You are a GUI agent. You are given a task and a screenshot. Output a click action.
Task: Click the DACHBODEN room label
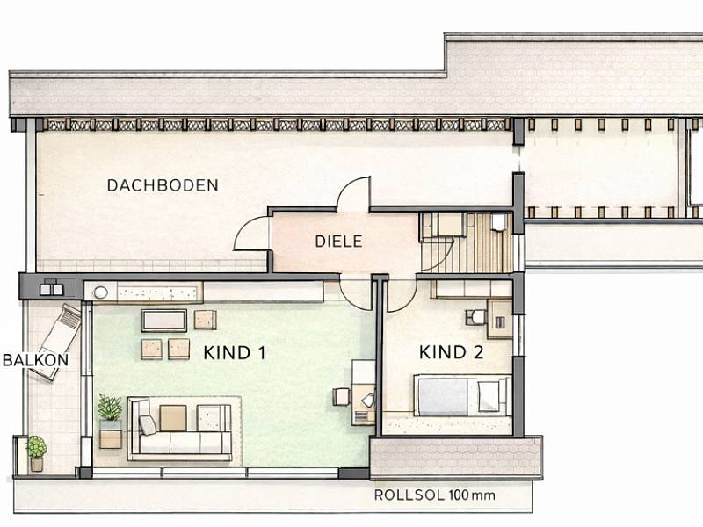pyautogui.click(x=163, y=185)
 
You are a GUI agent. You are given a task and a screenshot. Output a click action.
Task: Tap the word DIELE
pyautogui.click(x=338, y=242)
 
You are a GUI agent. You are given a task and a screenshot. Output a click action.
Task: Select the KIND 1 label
pyautogui.click(x=234, y=353)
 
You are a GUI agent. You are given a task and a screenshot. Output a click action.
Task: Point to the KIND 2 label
pyautogui.click(x=451, y=352)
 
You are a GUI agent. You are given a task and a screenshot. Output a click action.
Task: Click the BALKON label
pyautogui.click(x=35, y=360)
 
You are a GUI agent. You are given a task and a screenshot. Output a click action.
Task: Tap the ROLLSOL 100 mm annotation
pyautogui.click(x=434, y=495)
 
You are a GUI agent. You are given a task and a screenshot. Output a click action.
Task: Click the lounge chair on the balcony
pyautogui.click(x=56, y=342)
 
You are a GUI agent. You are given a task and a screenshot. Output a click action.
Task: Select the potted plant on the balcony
pyautogui.click(x=37, y=452)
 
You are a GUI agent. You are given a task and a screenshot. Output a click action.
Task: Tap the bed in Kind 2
pyautogui.click(x=462, y=395)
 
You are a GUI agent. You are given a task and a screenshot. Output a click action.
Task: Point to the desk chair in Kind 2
pyautogui.click(x=475, y=317)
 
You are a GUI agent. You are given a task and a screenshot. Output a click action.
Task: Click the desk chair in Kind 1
pyautogui.click(x=341, y=397)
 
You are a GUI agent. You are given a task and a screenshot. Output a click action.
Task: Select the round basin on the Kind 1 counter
pyautogui.click(x=100, y=292)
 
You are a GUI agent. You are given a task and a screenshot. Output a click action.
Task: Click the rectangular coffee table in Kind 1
pyautogui.click(x=164, y=321)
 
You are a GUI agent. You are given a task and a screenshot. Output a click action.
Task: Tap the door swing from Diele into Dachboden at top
pyautogui.click(x=354, y=193)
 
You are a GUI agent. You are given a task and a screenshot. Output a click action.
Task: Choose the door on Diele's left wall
pyautogui.click(x=251, y=233)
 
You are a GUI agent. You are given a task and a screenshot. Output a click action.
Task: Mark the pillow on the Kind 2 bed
pyautogui.click(x=489, y=397)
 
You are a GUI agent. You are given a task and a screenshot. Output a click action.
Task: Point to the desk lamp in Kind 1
pyautogui.click(x=368, y=400)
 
